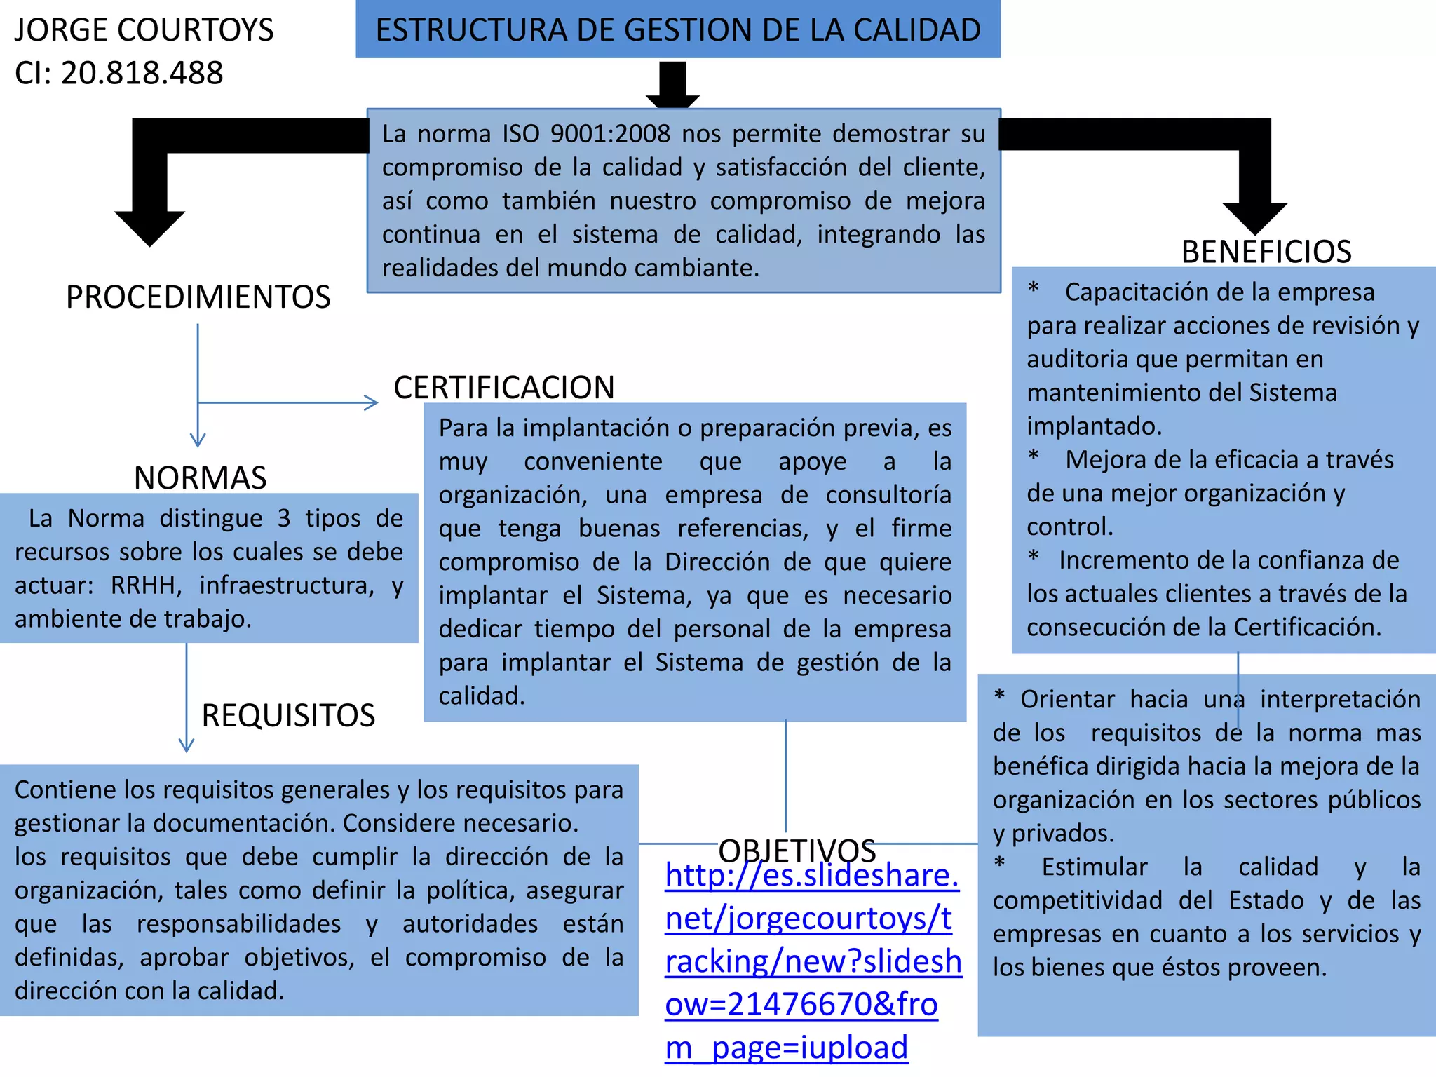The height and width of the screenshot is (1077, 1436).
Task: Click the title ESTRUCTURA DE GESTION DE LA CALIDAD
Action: pos(677,30)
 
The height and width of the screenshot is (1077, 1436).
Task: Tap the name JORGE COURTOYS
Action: pos(144,30)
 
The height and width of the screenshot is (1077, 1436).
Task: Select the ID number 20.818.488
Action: pos(142,73)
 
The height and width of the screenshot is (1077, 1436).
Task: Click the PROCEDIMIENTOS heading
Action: pos(198,297)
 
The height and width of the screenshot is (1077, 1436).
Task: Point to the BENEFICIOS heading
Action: pos(1266,252)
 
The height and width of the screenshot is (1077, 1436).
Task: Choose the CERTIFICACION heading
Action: pos(503,387)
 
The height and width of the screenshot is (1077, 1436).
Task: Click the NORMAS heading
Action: pos(200,477)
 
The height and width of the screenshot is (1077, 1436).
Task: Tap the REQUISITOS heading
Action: pos(288,715)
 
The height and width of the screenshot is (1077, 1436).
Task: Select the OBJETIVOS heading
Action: pos(797,851)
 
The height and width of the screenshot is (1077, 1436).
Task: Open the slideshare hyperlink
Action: pos(812,961)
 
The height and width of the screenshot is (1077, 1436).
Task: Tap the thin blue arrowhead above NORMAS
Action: pos(198,440)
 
